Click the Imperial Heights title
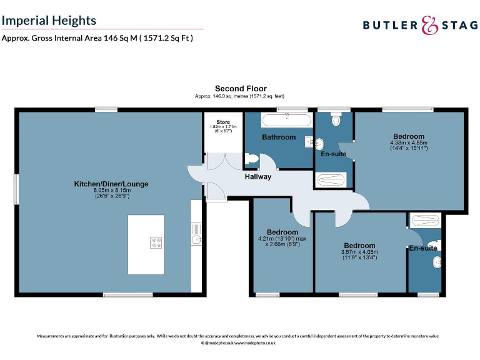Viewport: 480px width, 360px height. (x=49, y=20)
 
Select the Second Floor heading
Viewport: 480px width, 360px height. (x=240, y=89)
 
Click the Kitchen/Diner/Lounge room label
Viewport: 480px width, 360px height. (x=111, y=184)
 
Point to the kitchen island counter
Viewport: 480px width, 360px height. (x=146, y=244)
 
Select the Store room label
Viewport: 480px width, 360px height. (x=223, y=122)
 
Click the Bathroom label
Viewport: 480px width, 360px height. (x=278, y=137)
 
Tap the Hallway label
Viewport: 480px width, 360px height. (x=257, y=177)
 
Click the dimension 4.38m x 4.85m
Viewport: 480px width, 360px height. (x=409, y=142)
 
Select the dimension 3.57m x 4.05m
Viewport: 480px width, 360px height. (x=359, y=252)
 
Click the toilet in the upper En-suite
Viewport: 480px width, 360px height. (x=336, y=119)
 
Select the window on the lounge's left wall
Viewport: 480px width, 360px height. (x=17, y=188)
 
